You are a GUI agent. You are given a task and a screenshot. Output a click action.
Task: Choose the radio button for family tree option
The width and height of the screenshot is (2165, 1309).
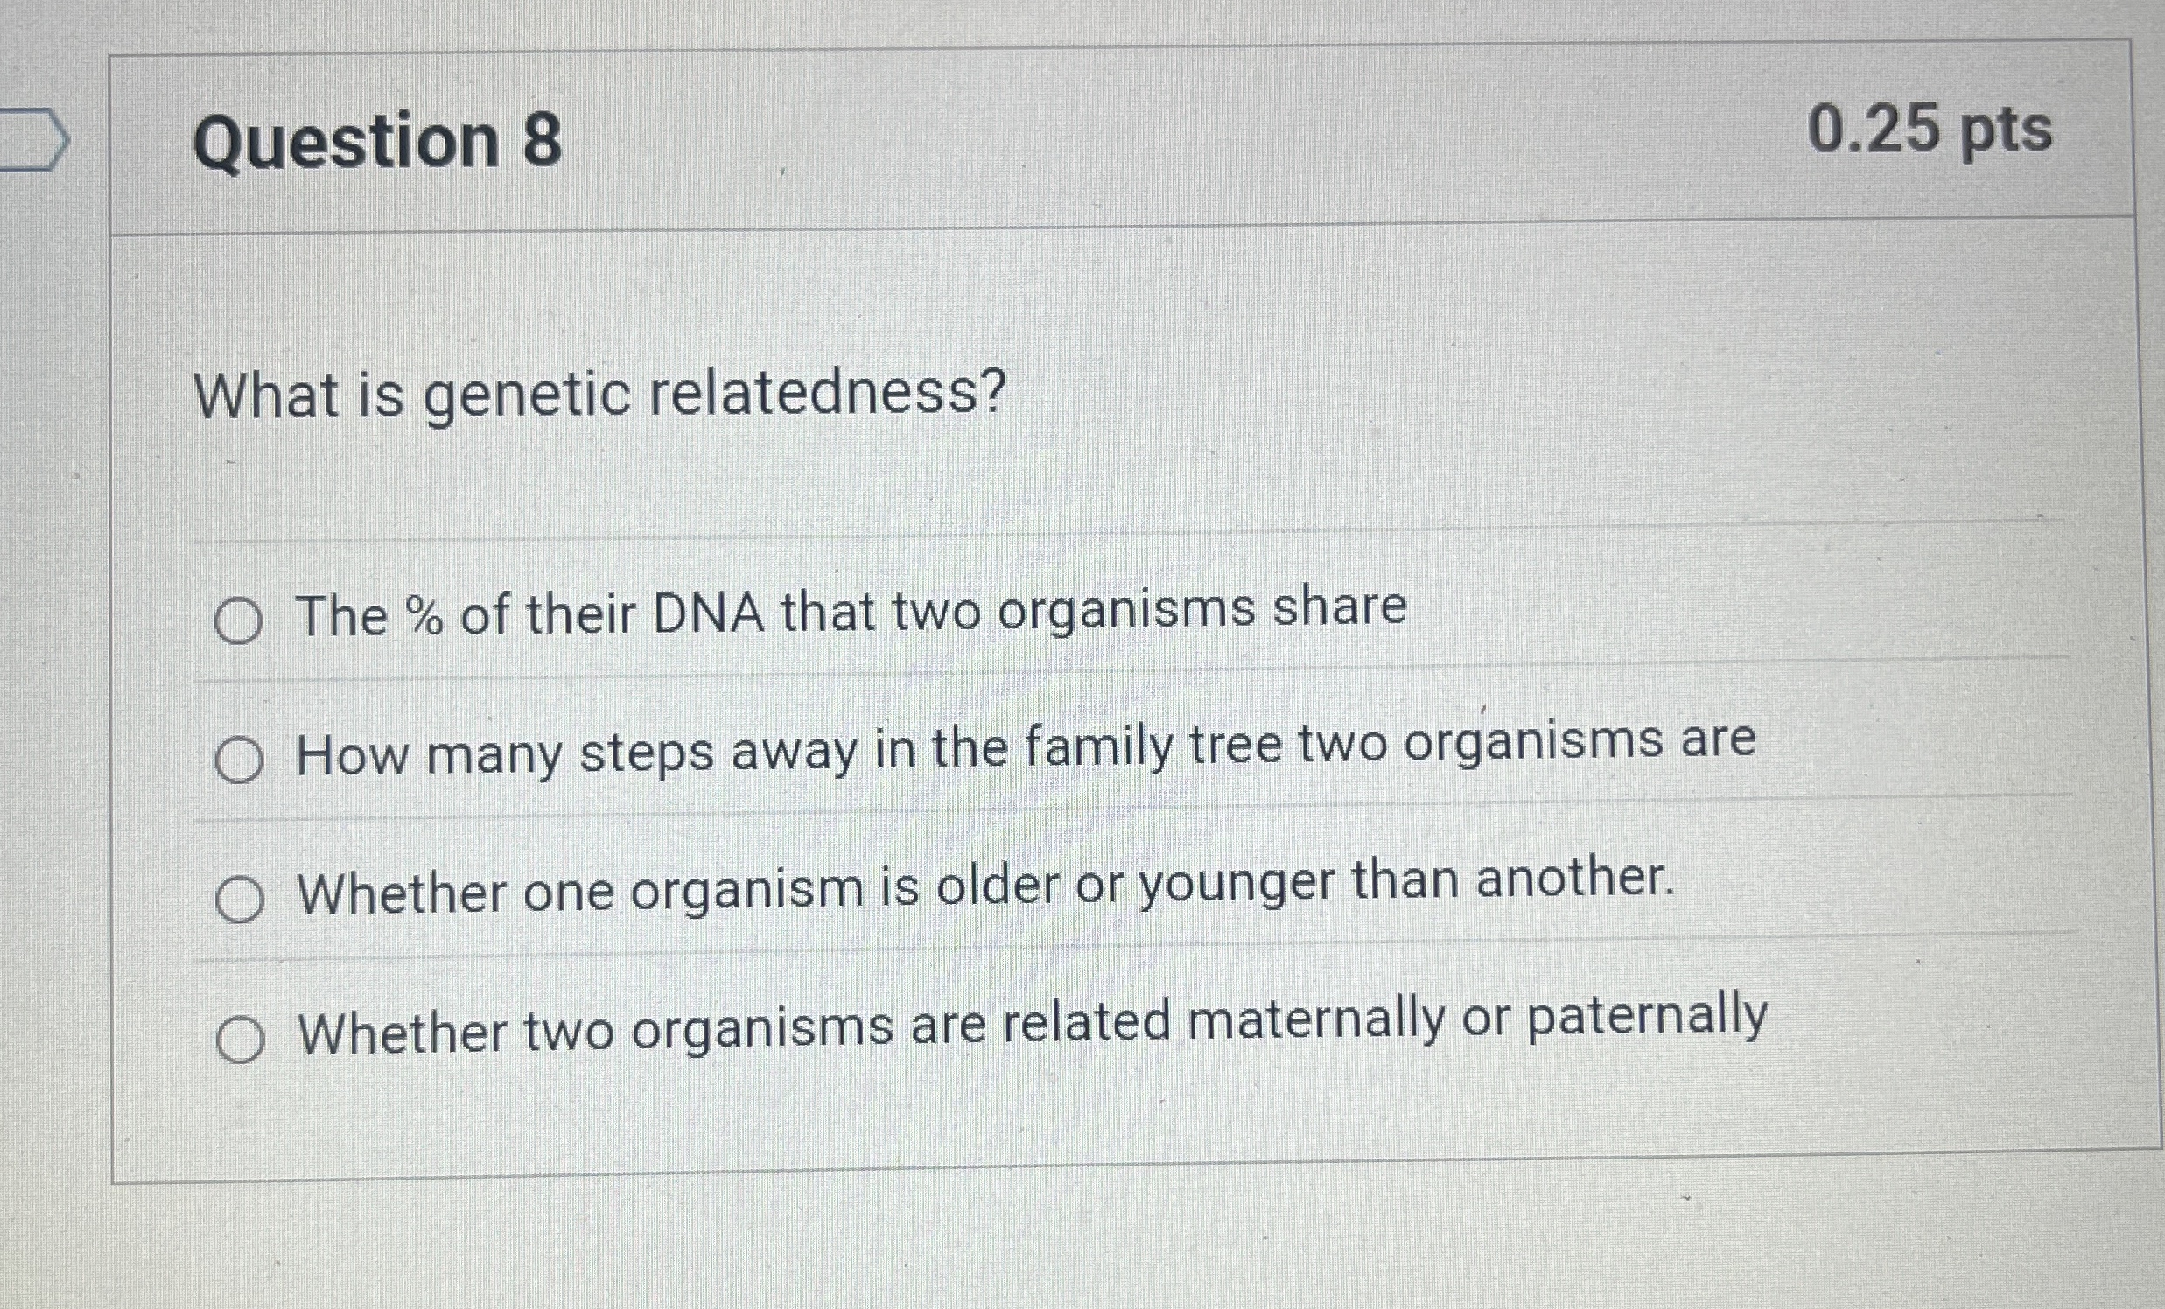238,759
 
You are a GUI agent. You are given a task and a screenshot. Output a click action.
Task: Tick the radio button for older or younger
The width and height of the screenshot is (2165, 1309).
239,899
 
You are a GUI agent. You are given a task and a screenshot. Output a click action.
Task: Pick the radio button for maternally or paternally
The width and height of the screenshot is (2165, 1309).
240,1040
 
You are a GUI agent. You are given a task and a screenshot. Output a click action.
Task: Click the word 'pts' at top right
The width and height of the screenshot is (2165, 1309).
2005,133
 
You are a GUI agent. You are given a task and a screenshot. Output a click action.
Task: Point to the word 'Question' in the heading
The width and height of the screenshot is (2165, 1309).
347,143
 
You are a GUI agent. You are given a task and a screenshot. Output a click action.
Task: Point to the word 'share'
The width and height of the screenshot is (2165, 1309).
1340,606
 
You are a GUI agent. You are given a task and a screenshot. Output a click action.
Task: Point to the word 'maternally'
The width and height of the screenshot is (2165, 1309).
1316,1022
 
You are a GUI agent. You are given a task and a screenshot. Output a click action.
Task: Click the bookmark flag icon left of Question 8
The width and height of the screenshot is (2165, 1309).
33,138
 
